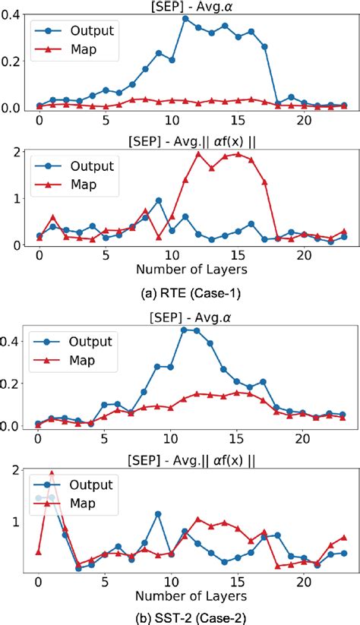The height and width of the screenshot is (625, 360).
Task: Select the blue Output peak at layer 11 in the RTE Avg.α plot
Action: pos(185,18)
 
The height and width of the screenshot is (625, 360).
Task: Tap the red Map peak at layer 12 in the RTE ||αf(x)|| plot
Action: pos(198,153)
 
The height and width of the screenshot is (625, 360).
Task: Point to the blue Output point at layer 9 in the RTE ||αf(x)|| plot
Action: pos(159,200)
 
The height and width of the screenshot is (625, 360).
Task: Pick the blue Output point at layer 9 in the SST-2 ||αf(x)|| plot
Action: pos(159,514)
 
